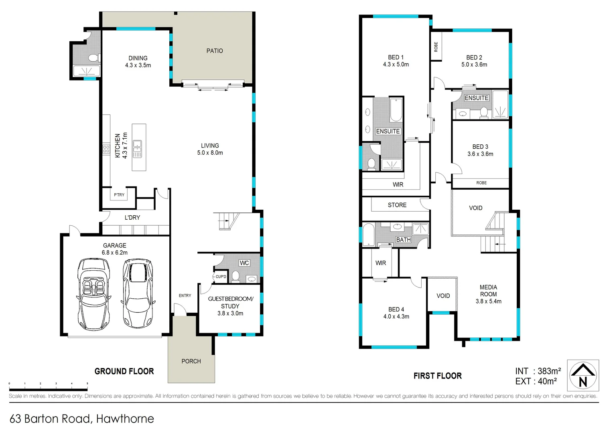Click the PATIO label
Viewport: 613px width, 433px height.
(215, 51)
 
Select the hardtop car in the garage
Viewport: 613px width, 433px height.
(138, 293)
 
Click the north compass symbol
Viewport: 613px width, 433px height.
(583, 375)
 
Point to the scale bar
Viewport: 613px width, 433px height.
(48, 388)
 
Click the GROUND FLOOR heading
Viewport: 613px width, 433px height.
(124, 371)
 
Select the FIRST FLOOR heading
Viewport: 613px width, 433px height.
(437, 376)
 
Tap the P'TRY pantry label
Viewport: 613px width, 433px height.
(119, 195)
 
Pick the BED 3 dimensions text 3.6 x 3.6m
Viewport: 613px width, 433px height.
(480, 154)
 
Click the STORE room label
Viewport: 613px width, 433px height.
(397, 205)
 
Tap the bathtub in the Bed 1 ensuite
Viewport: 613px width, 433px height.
(396, 110)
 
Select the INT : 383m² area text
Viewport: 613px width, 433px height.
(538, 371)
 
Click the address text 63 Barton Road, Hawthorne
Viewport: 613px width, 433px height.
(82, 419)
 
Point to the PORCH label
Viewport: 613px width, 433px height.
(191, 361)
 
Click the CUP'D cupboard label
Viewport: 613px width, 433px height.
(221, 277)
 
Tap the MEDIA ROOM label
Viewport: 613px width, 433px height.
(488, 291)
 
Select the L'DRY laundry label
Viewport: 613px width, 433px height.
(132, 217)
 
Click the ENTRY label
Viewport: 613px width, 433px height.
(185, 295)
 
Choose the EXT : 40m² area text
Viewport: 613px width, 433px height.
(536, 381)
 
